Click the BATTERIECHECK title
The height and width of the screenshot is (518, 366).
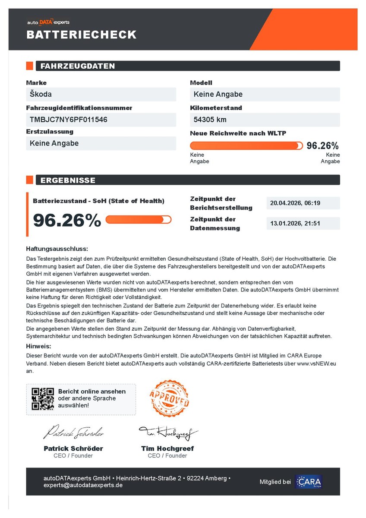(x=82, y=35)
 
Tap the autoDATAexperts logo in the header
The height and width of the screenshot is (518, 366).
(x=48, y=22)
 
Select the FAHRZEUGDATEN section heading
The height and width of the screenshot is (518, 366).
(x=78, y=66)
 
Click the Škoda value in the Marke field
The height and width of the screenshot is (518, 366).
(x=41, y=94)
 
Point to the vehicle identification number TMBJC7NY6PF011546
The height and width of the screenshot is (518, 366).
(x=69, y=120)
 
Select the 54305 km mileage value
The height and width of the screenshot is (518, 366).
(x=210, y=120)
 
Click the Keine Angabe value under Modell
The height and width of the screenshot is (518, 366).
(x=218, y=94)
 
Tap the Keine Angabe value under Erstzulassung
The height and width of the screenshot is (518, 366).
(x=54, y=143)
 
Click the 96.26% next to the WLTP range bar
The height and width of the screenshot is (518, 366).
(x=322, y=146)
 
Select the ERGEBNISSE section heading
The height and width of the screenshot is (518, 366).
(x=68, y=180)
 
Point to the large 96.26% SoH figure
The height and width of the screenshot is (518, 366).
(x=67, y=220)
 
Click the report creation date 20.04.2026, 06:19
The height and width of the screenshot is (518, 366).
(x=294, y=203)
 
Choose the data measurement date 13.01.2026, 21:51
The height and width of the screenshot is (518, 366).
(x=294, y=224)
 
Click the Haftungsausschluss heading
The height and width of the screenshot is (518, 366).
(x=57, y=249)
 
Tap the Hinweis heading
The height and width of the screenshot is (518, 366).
(x=39, y=346)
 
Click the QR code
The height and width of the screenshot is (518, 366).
(x=43, y=399)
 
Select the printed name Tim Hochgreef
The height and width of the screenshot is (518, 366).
(x=167, y=449)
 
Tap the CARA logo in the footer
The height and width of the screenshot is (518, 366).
(x=309, y=482)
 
